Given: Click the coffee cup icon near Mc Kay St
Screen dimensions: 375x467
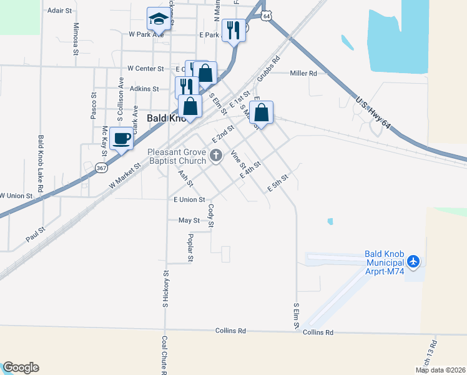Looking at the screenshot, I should click(x=121, y=138).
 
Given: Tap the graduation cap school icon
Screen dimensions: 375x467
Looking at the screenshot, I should click(x=159, y=19).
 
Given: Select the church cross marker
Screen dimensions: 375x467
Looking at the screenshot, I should click(x=216, y=156).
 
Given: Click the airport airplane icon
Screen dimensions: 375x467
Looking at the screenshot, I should click(x=414, y=262).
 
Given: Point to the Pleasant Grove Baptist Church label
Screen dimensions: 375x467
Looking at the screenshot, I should click(x=177, y=156).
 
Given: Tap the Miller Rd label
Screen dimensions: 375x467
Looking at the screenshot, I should click(x=303, y=73).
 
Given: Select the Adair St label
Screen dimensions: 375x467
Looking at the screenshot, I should click(x=60, y=11).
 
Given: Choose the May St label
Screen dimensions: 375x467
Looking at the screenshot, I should click(x=189, y=220).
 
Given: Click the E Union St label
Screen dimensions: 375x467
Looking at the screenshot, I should click(x=189, y=199).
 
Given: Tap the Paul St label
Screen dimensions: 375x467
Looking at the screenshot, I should click(x=36, y=233).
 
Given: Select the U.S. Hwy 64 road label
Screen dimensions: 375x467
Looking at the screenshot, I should click(x=373, y=113).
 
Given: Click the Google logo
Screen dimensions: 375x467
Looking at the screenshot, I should click(x=20, y=367).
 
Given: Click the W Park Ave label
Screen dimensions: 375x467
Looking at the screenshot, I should click(x=145, y=34).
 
